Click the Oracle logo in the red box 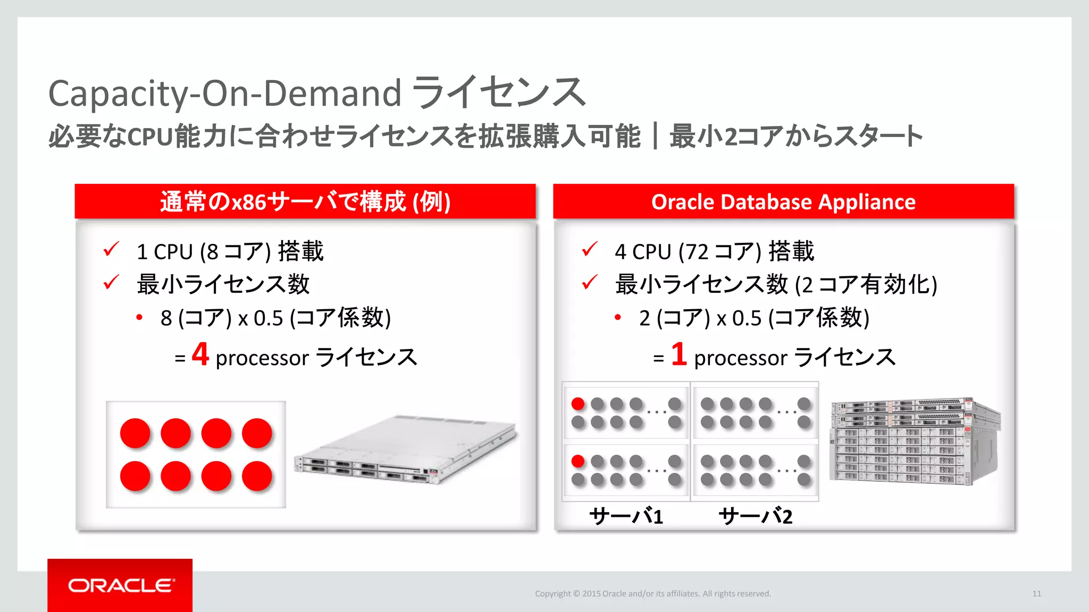point(121,585)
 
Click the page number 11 point(1036,593)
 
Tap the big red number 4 point(200,354)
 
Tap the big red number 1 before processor point(678,354)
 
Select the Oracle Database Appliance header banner point(783,202)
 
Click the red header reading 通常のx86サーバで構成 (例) point(305,202)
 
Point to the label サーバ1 point(626,516)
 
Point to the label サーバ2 point(755,516)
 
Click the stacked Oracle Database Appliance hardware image point(915,441)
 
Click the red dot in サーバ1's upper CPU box point(578,404)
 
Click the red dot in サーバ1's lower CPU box point(578,461)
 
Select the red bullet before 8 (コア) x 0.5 point(139,318)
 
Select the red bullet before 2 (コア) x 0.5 point(618,318)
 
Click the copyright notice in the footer point(652,593)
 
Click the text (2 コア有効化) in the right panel point(866,285)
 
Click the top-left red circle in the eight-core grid point(135,433)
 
